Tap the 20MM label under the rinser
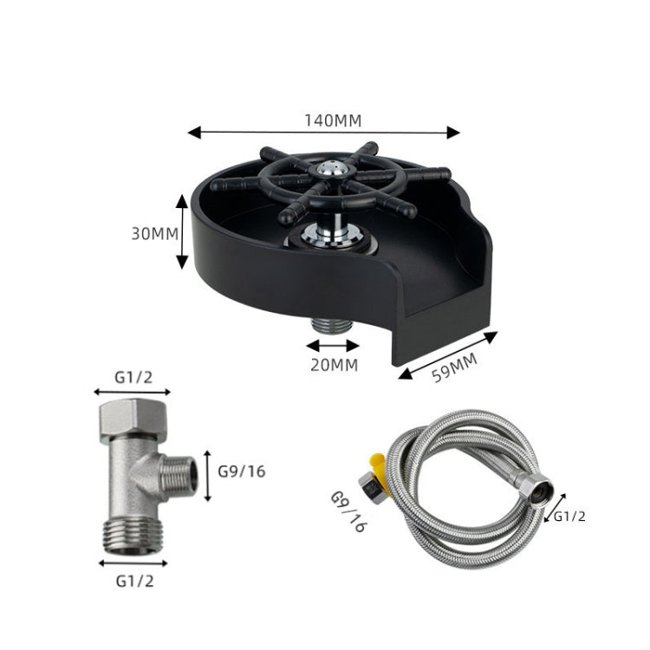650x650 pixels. (333, 365)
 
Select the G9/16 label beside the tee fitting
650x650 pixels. (241, 472)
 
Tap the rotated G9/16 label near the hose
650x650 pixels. (348, 512)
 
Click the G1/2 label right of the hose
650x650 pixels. (570, 516)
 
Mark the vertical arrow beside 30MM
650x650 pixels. (182, 231)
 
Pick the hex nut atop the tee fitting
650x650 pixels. (133, 417)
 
